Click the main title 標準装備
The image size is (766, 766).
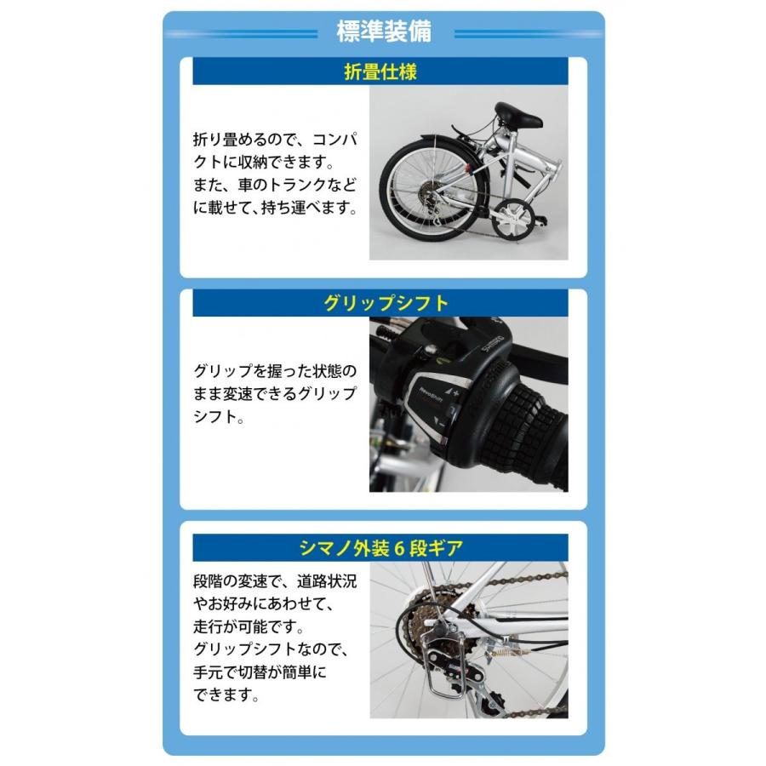[x=384, y=32]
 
